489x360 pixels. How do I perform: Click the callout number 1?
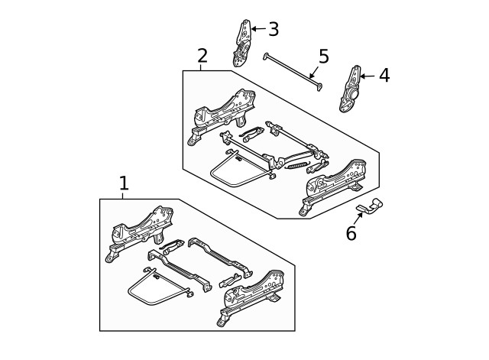point(124,183)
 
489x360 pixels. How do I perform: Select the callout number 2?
point(202,55)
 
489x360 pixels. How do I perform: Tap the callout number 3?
point(273,29)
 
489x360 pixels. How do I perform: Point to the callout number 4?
point(384,75)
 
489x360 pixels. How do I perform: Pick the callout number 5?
point(323,56)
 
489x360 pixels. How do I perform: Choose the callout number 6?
point(351,233)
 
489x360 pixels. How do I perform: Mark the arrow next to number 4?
point(368,75)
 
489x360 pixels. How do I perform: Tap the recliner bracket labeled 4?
point(352,89)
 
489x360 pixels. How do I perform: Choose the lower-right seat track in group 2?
point(336,186)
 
